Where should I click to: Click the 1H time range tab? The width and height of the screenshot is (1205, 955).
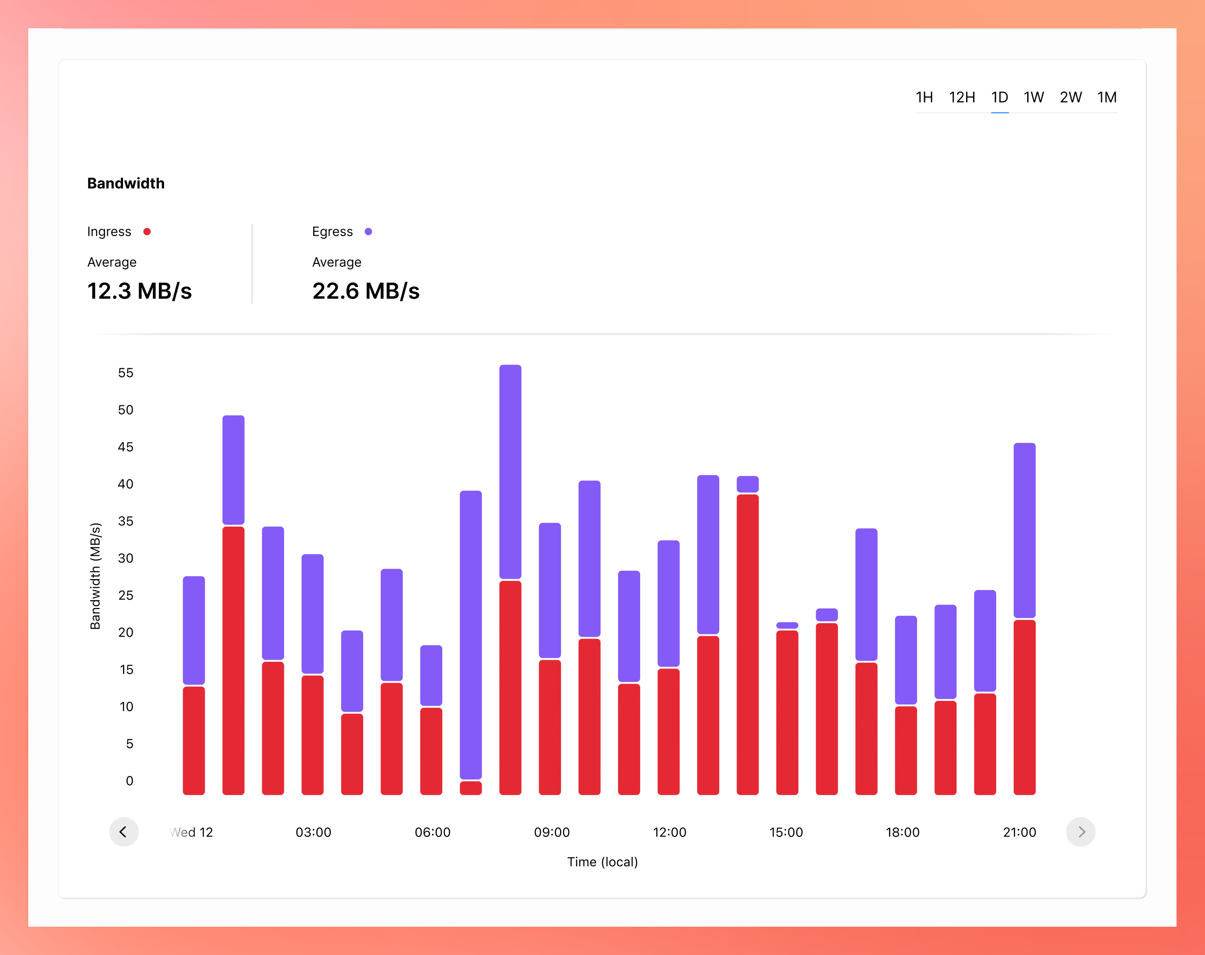coord(924,98)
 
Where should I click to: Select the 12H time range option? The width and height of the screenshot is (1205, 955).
coord(961,98)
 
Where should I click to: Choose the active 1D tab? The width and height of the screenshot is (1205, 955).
coord(999,98)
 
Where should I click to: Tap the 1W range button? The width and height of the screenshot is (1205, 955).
coord(1033,98)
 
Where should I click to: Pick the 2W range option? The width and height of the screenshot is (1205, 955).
coord(1071,98)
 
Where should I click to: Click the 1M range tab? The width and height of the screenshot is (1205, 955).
coord(1107,98)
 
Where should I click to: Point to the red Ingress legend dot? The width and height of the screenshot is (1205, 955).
coord(147,232)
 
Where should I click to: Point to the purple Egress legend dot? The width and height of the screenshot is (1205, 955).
coord(368,232)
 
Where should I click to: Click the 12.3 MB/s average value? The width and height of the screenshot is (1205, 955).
coord(139,291)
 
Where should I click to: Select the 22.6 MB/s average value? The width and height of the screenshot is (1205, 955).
coord(365,291)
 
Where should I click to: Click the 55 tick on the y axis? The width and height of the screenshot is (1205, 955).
coord(126,373)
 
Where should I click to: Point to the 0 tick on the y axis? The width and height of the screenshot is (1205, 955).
coord(130,781)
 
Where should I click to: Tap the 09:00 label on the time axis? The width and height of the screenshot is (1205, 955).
coord(552,832)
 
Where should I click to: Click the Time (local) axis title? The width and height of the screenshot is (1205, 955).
coord(602,862)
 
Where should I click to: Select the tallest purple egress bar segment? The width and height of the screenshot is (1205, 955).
coord(471,635)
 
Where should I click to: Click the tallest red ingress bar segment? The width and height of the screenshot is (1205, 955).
coord(748,644)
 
